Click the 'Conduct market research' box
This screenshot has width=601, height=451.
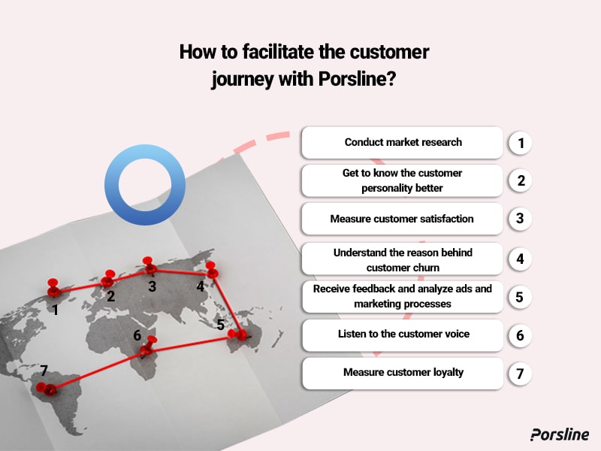pyautogui.click(x=403, y=142)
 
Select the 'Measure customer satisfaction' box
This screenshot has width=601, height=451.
pyautogui.click(x=403, y=219)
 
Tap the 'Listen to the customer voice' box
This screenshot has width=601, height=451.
pyautogui.click(x=403, y=334)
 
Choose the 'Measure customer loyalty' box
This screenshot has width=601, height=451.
pyautogui.click(x=403, y=373)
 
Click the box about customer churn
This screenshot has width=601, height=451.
pyautogui.click(x=403, y=259)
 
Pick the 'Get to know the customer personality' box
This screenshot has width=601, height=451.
pyautogui.click(x=403, y=180)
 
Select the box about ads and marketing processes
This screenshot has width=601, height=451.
pyautogui.click(x=403, y=297)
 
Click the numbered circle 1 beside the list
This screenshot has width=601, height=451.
pyautogui.click(x=519, y=143)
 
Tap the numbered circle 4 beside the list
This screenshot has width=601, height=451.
pyautogui.click(x=519, y=259)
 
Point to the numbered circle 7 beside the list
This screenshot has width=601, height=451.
pyautogui.click(x=519, y=374)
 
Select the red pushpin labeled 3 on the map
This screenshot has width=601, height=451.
pyautogui.click(x=150, y=265)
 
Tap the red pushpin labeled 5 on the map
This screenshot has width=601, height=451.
pyautogui.click(x=240, y=334)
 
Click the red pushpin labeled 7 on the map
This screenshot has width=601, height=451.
pyautogui.click(x=48, y=388)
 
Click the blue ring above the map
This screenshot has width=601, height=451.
pyautogui.click(x=145, y=186)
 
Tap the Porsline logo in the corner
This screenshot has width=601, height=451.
pyautogui.click(x=559, y=434)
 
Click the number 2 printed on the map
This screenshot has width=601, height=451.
pyautogui.click(x=110, y=296)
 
